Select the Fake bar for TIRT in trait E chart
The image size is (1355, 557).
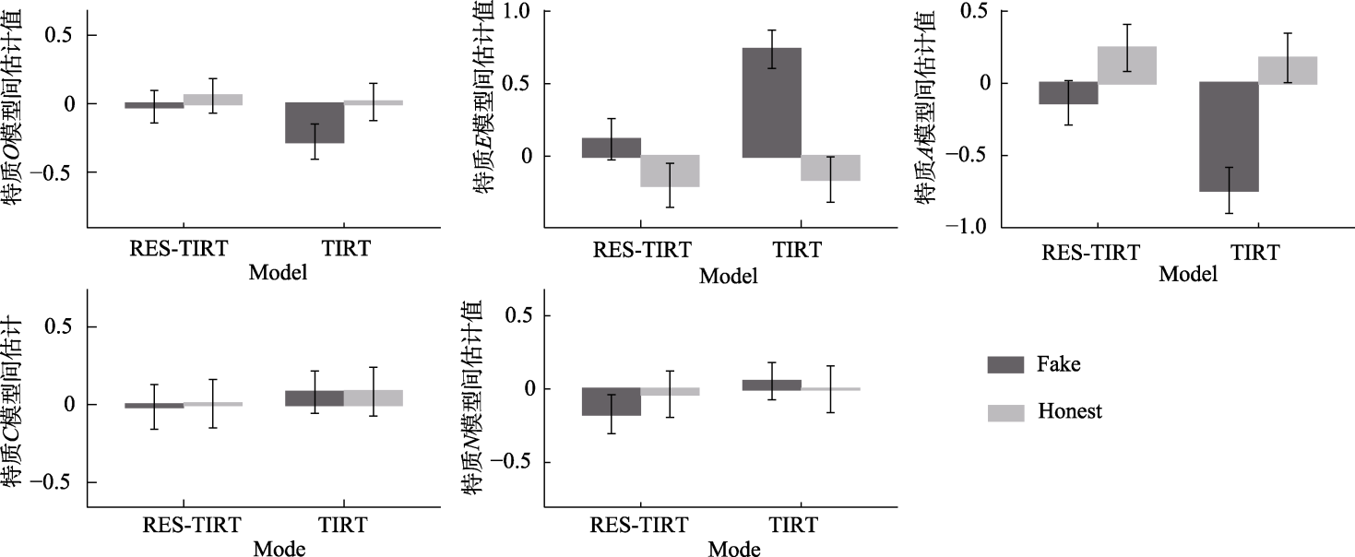[x=771, y=102]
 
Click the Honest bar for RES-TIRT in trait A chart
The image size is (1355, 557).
[x=1127, y=65]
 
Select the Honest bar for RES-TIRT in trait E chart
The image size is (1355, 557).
[x=671, y=172]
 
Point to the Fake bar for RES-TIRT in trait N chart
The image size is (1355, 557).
[x=612, y=402]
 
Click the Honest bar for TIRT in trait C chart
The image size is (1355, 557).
[x=374, y=397]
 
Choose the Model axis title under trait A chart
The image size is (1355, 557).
[x=1188, y=275]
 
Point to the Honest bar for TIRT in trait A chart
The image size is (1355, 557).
[x=1288, y=70]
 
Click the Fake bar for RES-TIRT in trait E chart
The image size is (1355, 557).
[x=612, y=148]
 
